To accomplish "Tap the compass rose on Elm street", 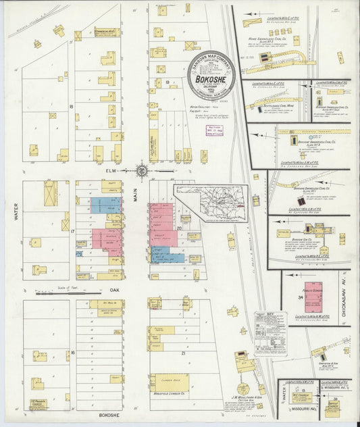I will pyautogui.click(x=142, y=171).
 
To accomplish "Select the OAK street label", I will pyautogui.click(x=113, y=290).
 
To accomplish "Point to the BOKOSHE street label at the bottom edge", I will pyautogui.click(x=109, y=414).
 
